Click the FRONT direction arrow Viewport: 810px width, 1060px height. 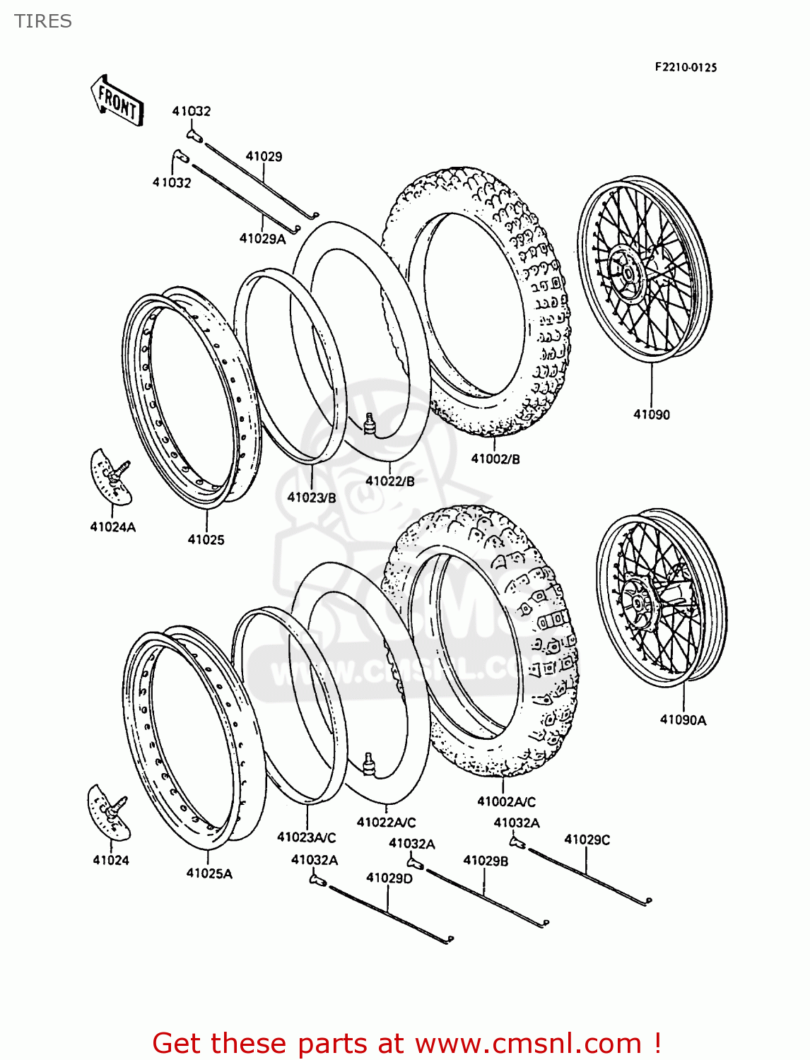[x=117, y=102]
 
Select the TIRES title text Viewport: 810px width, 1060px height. [x=43, y=21]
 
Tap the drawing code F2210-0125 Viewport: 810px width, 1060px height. [x=685, y=67]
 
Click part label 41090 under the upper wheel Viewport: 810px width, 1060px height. [x=651, y=415]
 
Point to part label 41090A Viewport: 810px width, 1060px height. [x=683, y=720]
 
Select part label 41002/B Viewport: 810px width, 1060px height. [x=495, y=459]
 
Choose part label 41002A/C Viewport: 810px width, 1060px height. [x=506, y=801]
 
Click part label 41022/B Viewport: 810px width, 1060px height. [x=389, y=481]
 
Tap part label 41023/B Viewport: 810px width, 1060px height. [x=312, y=497]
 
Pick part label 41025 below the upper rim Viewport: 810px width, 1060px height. [x=206, y=540]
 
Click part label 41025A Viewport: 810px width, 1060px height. [x=209, y=873]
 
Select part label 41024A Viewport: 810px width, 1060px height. [x=112, y=526]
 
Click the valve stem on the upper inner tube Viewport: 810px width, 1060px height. [x=368, y=423]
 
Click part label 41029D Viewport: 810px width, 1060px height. [x=389, y=878]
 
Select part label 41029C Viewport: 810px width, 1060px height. [x=587, y=840]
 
